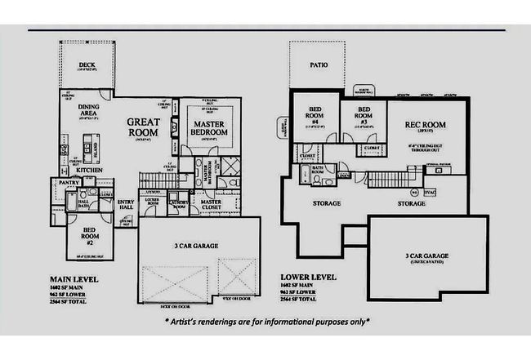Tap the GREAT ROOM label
[144, 127]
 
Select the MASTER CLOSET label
[211, 205]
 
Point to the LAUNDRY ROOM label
[179, 205]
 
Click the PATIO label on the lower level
[319, 65]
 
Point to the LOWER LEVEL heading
[307, 278]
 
